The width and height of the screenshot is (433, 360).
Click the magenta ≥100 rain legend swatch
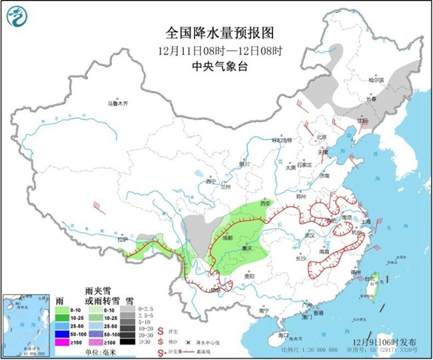click(61, 342)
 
